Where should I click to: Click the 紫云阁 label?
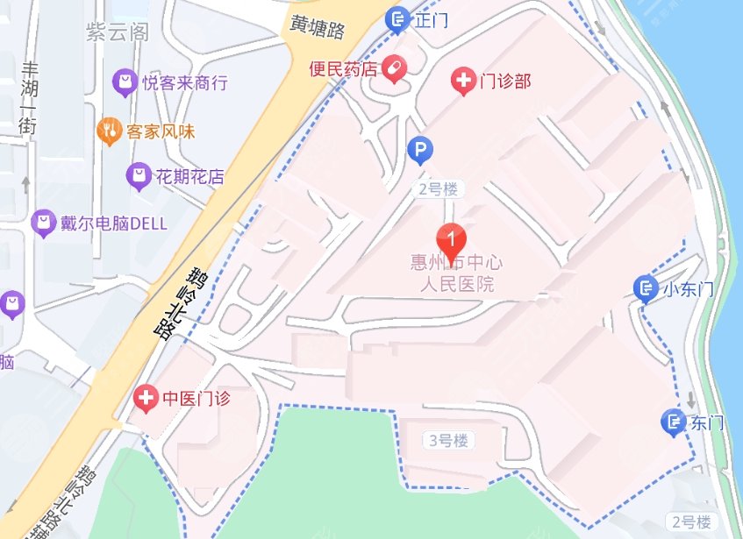click(x=117, y=32)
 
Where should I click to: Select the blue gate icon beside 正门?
click(x=397, y=18)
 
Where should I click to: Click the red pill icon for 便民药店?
click(x=394, y=67)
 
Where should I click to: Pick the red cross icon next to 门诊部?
click(x=461, y=82)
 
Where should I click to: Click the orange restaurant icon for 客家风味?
click(x=109, y=131)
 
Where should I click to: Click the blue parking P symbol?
click(x=420, y=152)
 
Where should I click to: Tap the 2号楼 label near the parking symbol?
click(x=439, y=188)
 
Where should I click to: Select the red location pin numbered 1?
click(x=451, y=240)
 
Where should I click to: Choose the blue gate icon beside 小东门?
click(x=646, y=288)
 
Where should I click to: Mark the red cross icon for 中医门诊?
click(x=146, y=399)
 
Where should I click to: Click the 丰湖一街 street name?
click(x=28, y=98)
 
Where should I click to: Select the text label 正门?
click(x=431, y=18)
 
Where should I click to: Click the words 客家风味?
click(x=160, y=132)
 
